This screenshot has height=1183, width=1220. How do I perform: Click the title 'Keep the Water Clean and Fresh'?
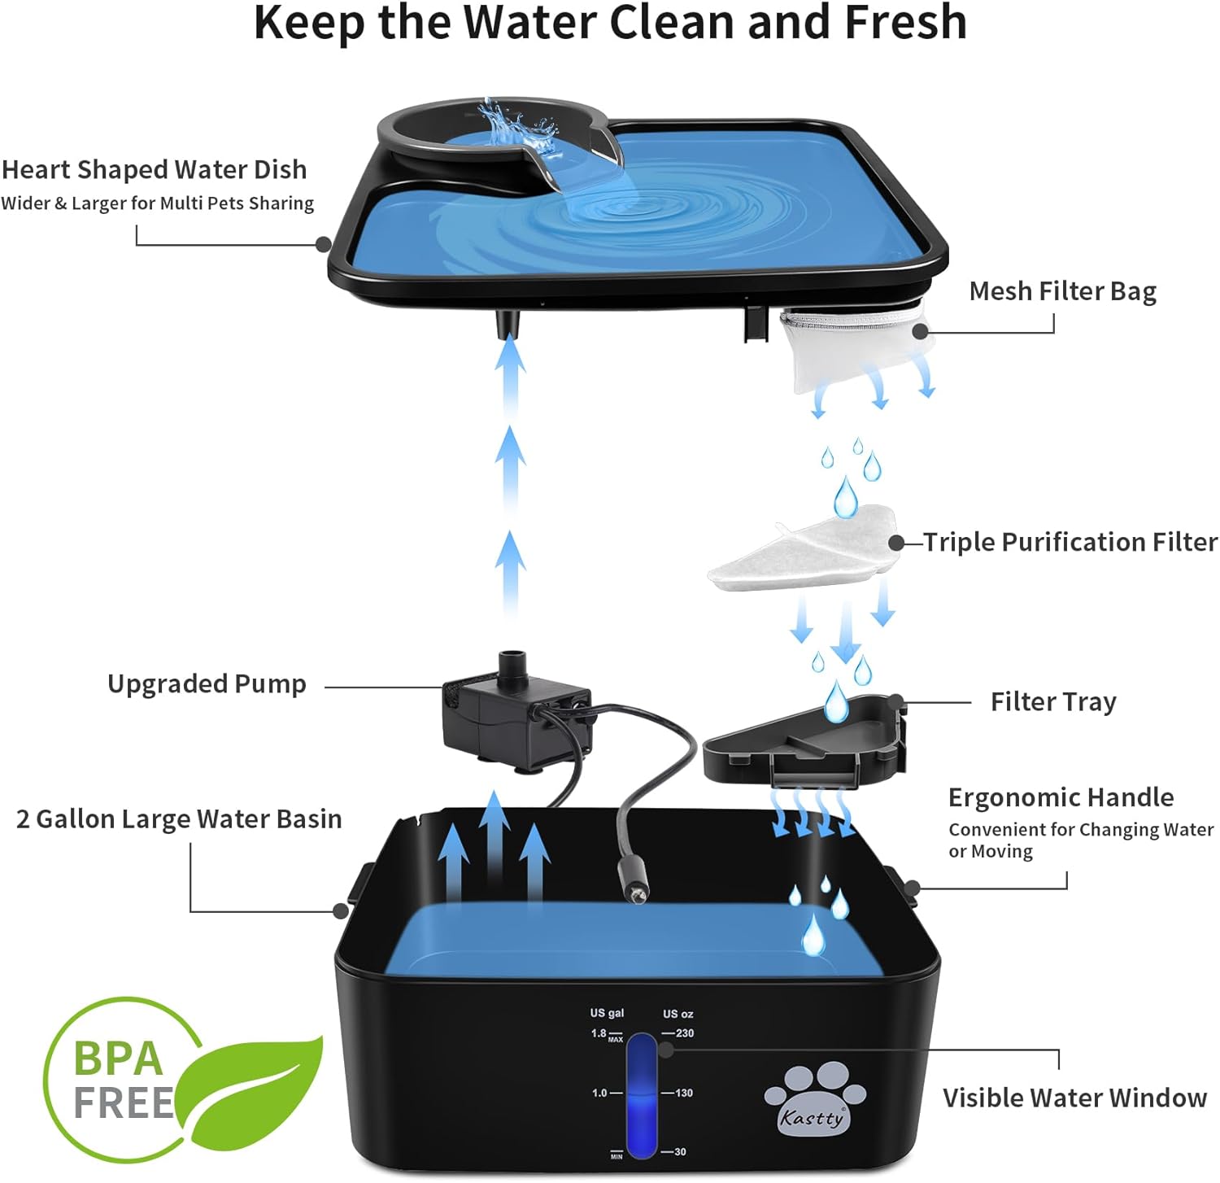pyautogui.click(x=610, y=22)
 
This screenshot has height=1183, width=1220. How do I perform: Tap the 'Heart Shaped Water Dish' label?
pyautogui.click(x=155, y=170)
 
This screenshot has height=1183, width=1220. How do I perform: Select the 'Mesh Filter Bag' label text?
pyautogui.click(x=1062, y=291)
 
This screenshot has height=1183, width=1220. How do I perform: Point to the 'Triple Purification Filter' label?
pyautogui.click(x=1070, y=542)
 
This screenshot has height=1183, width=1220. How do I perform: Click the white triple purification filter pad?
pyautogui.click(x=801, y=548)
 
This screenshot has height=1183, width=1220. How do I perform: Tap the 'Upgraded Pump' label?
pyautogui.click(x=207, y=684)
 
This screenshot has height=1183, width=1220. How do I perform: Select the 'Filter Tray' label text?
pyautogui.click(x=1053, y=701)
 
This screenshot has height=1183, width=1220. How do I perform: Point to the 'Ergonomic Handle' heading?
pyautogui.click(x=1061, y=797)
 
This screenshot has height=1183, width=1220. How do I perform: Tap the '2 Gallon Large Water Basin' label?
pyautogui.click(x=179, y=819)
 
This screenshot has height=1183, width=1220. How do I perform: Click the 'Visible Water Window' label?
pyautogui.click(x=1074, y=1098)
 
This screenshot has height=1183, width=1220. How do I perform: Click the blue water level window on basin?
pyautogui.click(x=642, y=1095)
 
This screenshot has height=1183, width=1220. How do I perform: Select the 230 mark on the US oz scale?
pyautogui.click(x=684, y=1033)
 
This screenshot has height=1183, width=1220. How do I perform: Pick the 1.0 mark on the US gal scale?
pyautogui.click(x=599, y=1093)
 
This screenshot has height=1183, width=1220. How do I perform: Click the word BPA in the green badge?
pyautogui.click(x=119, y=1058)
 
